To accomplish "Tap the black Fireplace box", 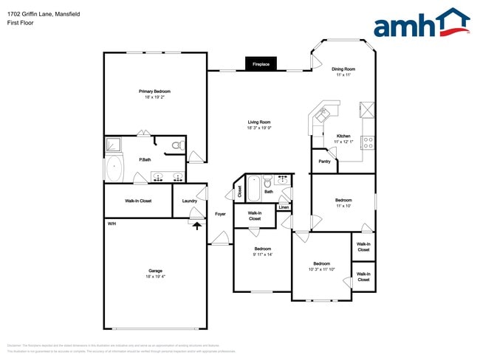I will [x=261, y=64].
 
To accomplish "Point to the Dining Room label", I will [x=343, y=72].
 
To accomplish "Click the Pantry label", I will [x=324, y=161].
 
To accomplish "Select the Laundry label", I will [x=189, y=201].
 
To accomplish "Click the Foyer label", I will [x=220, y=214].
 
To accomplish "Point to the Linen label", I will [x=284, y=207].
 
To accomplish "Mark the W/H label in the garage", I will [x=112, y=224].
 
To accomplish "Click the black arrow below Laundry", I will [x=197, y=224].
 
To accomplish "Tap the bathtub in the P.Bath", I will [x=114, y=169].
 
